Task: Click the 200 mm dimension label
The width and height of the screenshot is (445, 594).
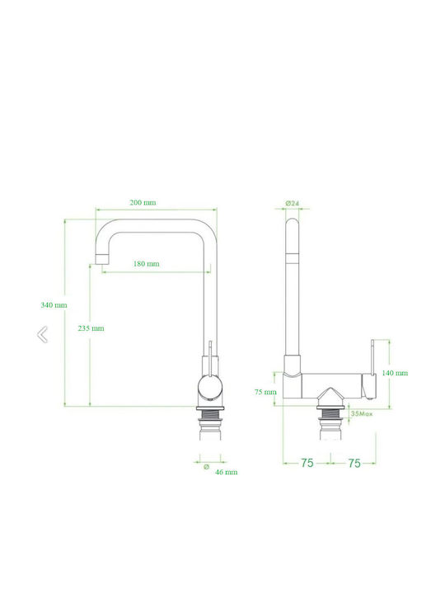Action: coord(143,203)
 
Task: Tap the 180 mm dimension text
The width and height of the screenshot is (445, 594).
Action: coord(146,264)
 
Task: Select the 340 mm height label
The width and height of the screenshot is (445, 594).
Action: coord(54,305)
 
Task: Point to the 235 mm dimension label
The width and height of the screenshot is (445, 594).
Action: coord(91,328)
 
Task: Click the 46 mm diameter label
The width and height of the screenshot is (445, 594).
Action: coord(227,472)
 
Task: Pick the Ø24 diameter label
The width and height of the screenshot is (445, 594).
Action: coord(292,204)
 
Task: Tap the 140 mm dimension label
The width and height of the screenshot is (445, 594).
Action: coord(395,373)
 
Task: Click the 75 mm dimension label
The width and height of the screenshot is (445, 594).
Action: coord(265,392)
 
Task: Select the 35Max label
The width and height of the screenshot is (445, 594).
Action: coord(362,413)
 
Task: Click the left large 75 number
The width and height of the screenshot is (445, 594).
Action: coord(307,463)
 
